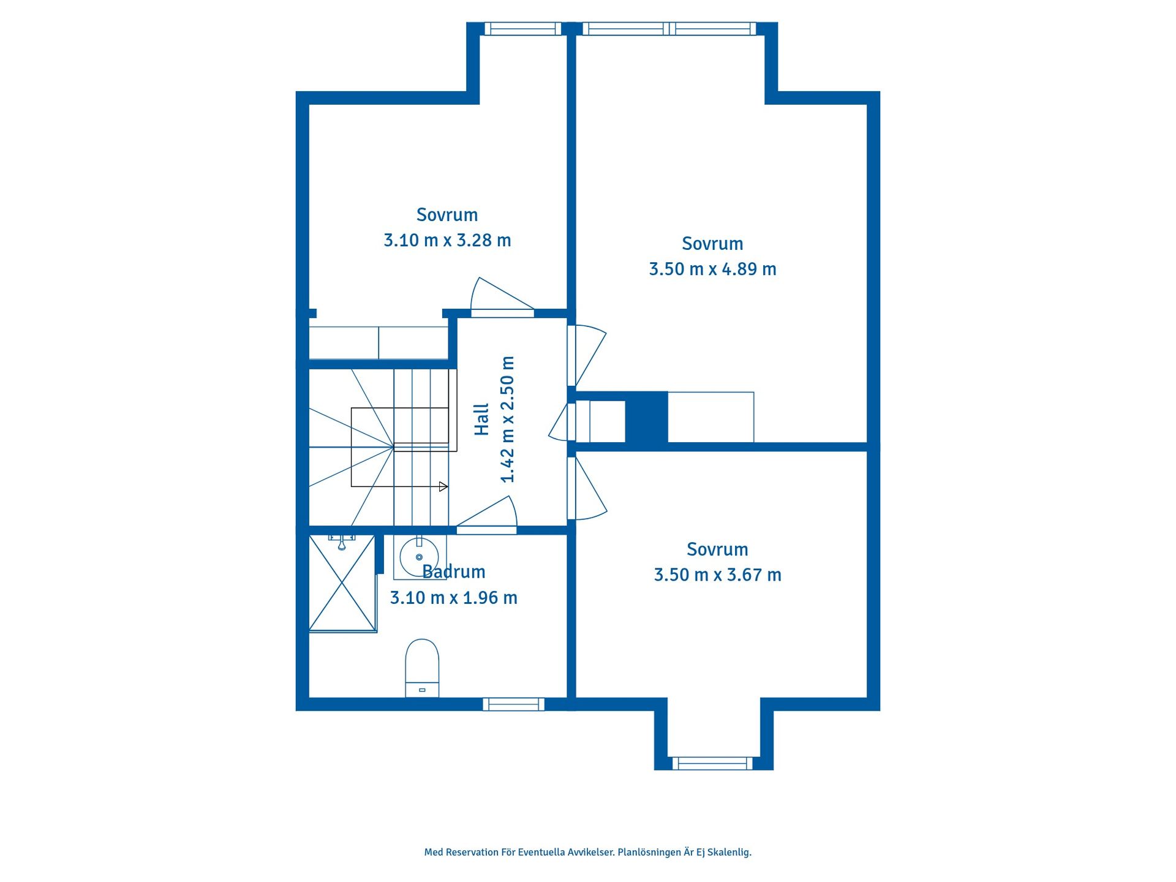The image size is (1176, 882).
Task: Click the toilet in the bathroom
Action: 422,668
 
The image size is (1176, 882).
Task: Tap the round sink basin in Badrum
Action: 419,557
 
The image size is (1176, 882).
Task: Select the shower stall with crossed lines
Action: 342,583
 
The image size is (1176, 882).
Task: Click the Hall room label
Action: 482,420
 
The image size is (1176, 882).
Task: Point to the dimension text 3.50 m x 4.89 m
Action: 712,269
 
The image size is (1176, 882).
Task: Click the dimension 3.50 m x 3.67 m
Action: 717,575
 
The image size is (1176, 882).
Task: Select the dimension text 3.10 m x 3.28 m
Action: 447,240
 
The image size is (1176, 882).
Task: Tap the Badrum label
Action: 454,571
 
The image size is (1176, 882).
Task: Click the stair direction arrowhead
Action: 443,487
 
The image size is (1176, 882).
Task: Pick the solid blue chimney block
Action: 646,417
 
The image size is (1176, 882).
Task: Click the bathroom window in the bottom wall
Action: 513,704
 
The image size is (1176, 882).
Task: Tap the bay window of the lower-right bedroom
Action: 712,763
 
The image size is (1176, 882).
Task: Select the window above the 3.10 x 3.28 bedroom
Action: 523,29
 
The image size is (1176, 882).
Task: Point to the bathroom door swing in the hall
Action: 487,514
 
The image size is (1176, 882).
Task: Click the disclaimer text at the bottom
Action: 587,852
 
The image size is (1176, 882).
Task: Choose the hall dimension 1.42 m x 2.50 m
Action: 508,420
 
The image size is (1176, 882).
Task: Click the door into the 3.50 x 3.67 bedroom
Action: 587,489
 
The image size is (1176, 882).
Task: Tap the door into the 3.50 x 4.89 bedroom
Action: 587,356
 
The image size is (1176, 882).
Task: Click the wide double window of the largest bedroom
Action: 669,29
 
